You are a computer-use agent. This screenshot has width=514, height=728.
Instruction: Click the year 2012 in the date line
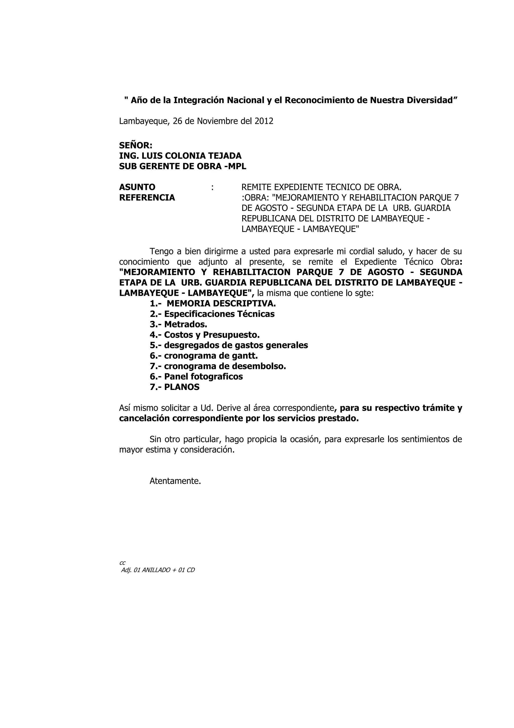pyautogui.click(x=264, y=121)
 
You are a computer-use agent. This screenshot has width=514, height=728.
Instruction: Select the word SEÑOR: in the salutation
pyautogui.click(x=136, y=145)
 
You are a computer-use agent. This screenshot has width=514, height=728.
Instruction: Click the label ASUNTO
pyautogui.click(x=137, y=187)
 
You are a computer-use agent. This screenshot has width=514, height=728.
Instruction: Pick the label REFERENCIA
pyautogui.click(x=147, y=198)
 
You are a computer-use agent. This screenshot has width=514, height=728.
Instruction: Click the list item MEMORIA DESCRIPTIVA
pyautogui.click(x=221, y=304)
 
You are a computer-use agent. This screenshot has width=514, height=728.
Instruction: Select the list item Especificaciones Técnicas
pyautogui.click(x=219, y=314)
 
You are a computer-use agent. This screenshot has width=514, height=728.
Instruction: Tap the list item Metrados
pyautogui.click(x=185, y=324)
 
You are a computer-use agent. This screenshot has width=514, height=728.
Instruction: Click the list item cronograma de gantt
pyautogui.click(x=211, y=356)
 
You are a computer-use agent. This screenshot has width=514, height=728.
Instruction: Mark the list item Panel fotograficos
pyautogui.click(x=203, y=377)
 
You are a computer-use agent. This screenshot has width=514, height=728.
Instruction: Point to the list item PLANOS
pyautogui.click(x=182, y=387)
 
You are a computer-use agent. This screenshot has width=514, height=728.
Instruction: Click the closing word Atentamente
pyautogui.click(x=175, y=481)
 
